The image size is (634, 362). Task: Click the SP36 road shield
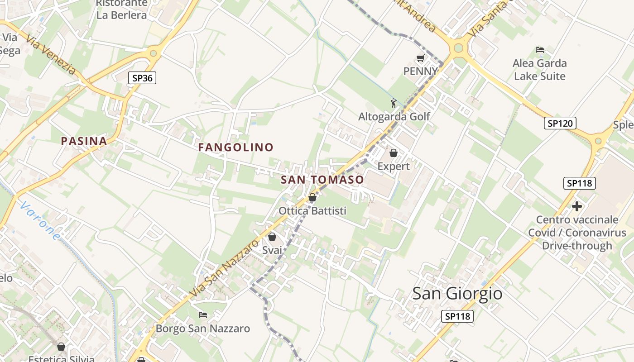[x=142, y=78]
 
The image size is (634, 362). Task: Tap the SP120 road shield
[x=560, y=123]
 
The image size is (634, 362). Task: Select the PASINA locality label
[x=84, y=141]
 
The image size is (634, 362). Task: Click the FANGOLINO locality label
[x=236, y=148]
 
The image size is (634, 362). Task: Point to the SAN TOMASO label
[x=322, y=180]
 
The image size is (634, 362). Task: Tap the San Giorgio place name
[x=457, y=294]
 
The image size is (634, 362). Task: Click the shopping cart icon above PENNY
[x=420, y=58]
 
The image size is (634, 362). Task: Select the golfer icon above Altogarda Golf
[x=394, y=103]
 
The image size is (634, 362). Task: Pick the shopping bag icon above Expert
[x=394, y=153]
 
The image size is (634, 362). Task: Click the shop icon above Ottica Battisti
[x=312, y=197]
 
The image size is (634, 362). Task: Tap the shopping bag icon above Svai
[x=272, y=237]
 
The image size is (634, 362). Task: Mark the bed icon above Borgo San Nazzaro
[x=203, y=314]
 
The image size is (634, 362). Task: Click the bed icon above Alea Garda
[x=539, y=50]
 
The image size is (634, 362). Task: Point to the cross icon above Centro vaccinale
[x=576, y=206]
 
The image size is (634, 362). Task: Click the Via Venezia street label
[x=51, y=55]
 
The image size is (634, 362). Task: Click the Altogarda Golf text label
[x=394, y=117]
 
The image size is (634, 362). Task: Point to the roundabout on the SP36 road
[x=154, y=53]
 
